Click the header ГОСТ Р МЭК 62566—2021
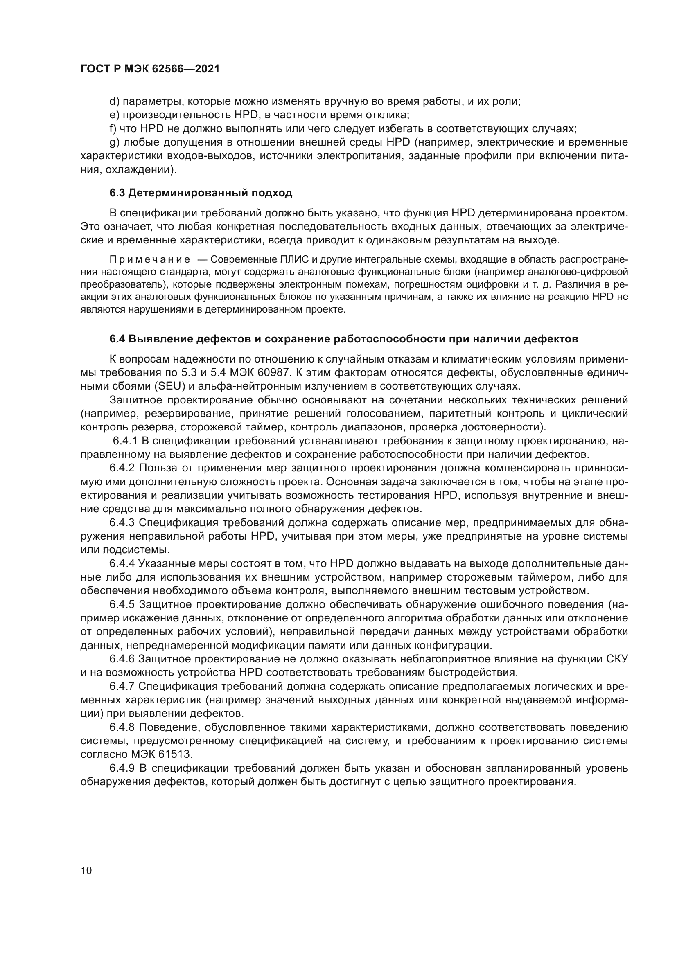(x=150, y=69)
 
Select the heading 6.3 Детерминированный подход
(x=201, y=193)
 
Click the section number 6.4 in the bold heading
(x=117, y=339)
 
